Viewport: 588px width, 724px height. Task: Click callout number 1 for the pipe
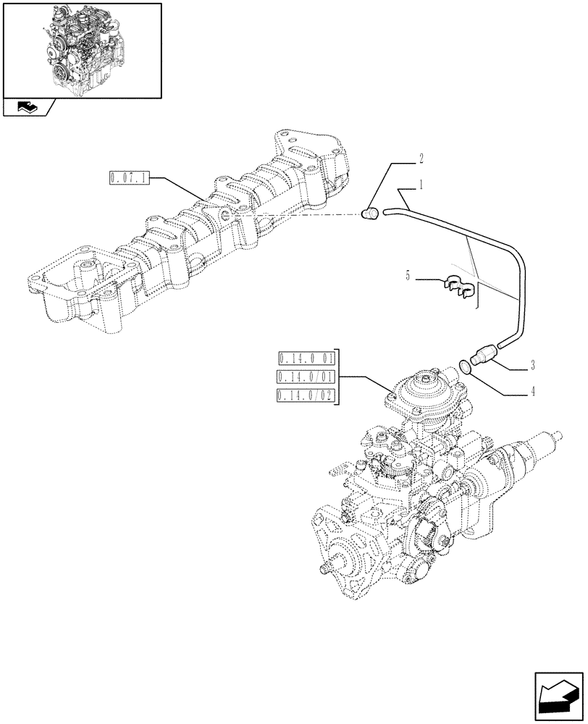[419, 186]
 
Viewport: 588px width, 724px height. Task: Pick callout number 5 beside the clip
[409, 276]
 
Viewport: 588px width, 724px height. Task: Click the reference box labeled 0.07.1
[128, 177]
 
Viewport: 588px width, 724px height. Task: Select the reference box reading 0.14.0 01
[306, 358]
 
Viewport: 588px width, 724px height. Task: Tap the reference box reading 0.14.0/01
[306, 376]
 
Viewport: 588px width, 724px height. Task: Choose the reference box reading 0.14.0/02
[306, 395]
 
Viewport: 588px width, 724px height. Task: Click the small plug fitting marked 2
[371, 213]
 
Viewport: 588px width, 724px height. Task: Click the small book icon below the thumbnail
[26, 108]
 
